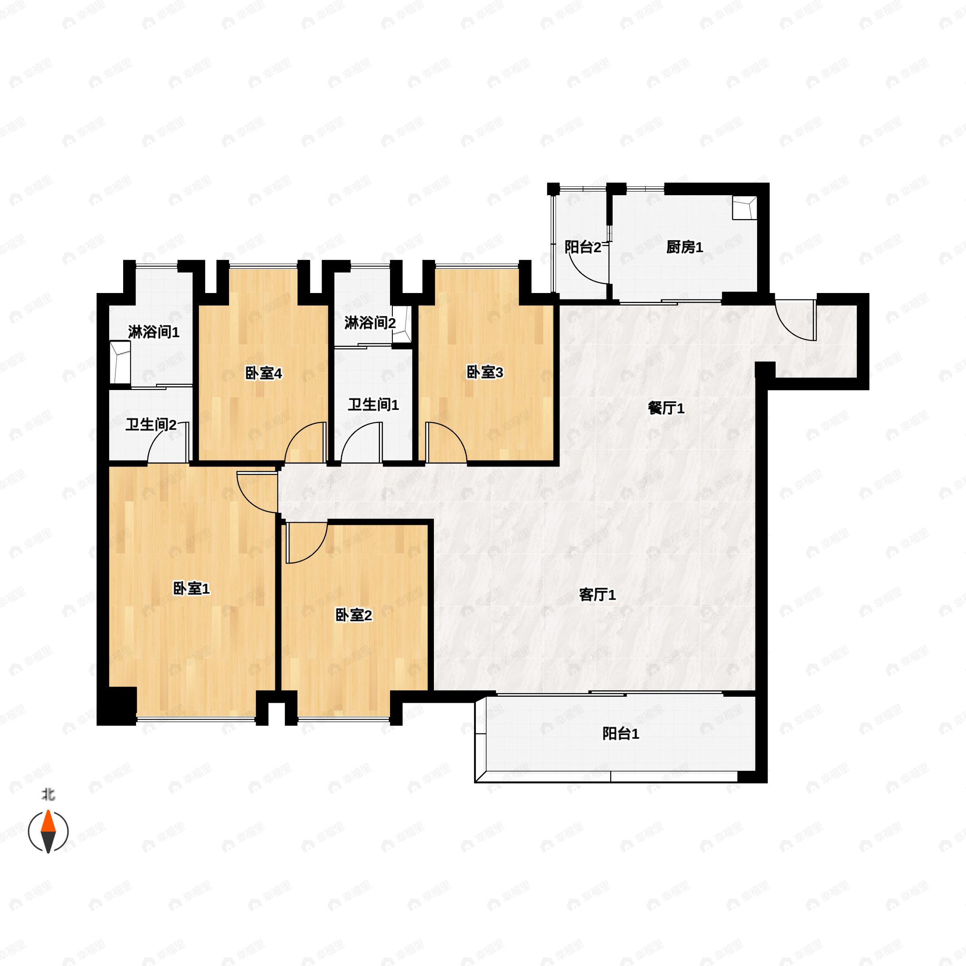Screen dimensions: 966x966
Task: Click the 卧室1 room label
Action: point(191,589)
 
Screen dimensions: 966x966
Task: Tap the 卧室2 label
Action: point(353,615)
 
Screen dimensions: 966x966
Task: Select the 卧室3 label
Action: point(485,372)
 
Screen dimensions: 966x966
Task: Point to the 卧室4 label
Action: point(264,373)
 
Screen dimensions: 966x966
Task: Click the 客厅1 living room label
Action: point(597,595)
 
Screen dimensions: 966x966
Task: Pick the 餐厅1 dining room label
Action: point(666,409)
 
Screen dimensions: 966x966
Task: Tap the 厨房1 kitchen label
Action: point(685,247)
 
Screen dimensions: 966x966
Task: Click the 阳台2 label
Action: point(582,247)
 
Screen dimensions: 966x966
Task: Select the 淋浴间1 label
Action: point(153,332)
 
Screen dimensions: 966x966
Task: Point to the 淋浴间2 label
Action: point(370,323)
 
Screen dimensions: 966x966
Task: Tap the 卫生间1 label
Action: point(373,405)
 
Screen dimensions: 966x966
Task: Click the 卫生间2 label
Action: point(151,425)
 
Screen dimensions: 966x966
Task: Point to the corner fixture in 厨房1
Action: point(744,208)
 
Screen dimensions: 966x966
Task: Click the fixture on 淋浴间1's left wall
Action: point(120,361)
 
